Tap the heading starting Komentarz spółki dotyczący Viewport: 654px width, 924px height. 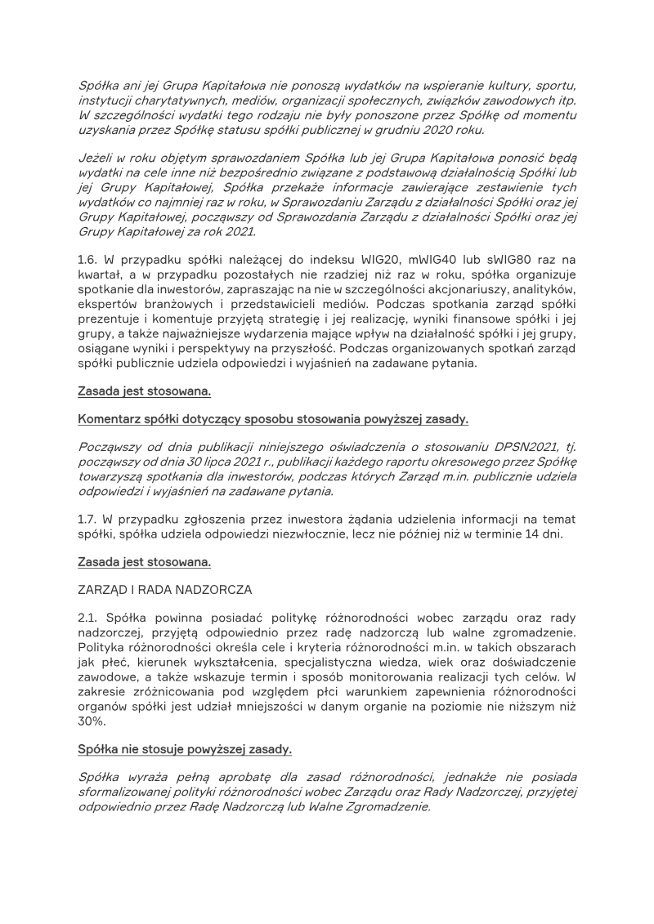tap(273, 420)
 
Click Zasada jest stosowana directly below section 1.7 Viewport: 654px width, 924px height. tap(144, 562)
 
